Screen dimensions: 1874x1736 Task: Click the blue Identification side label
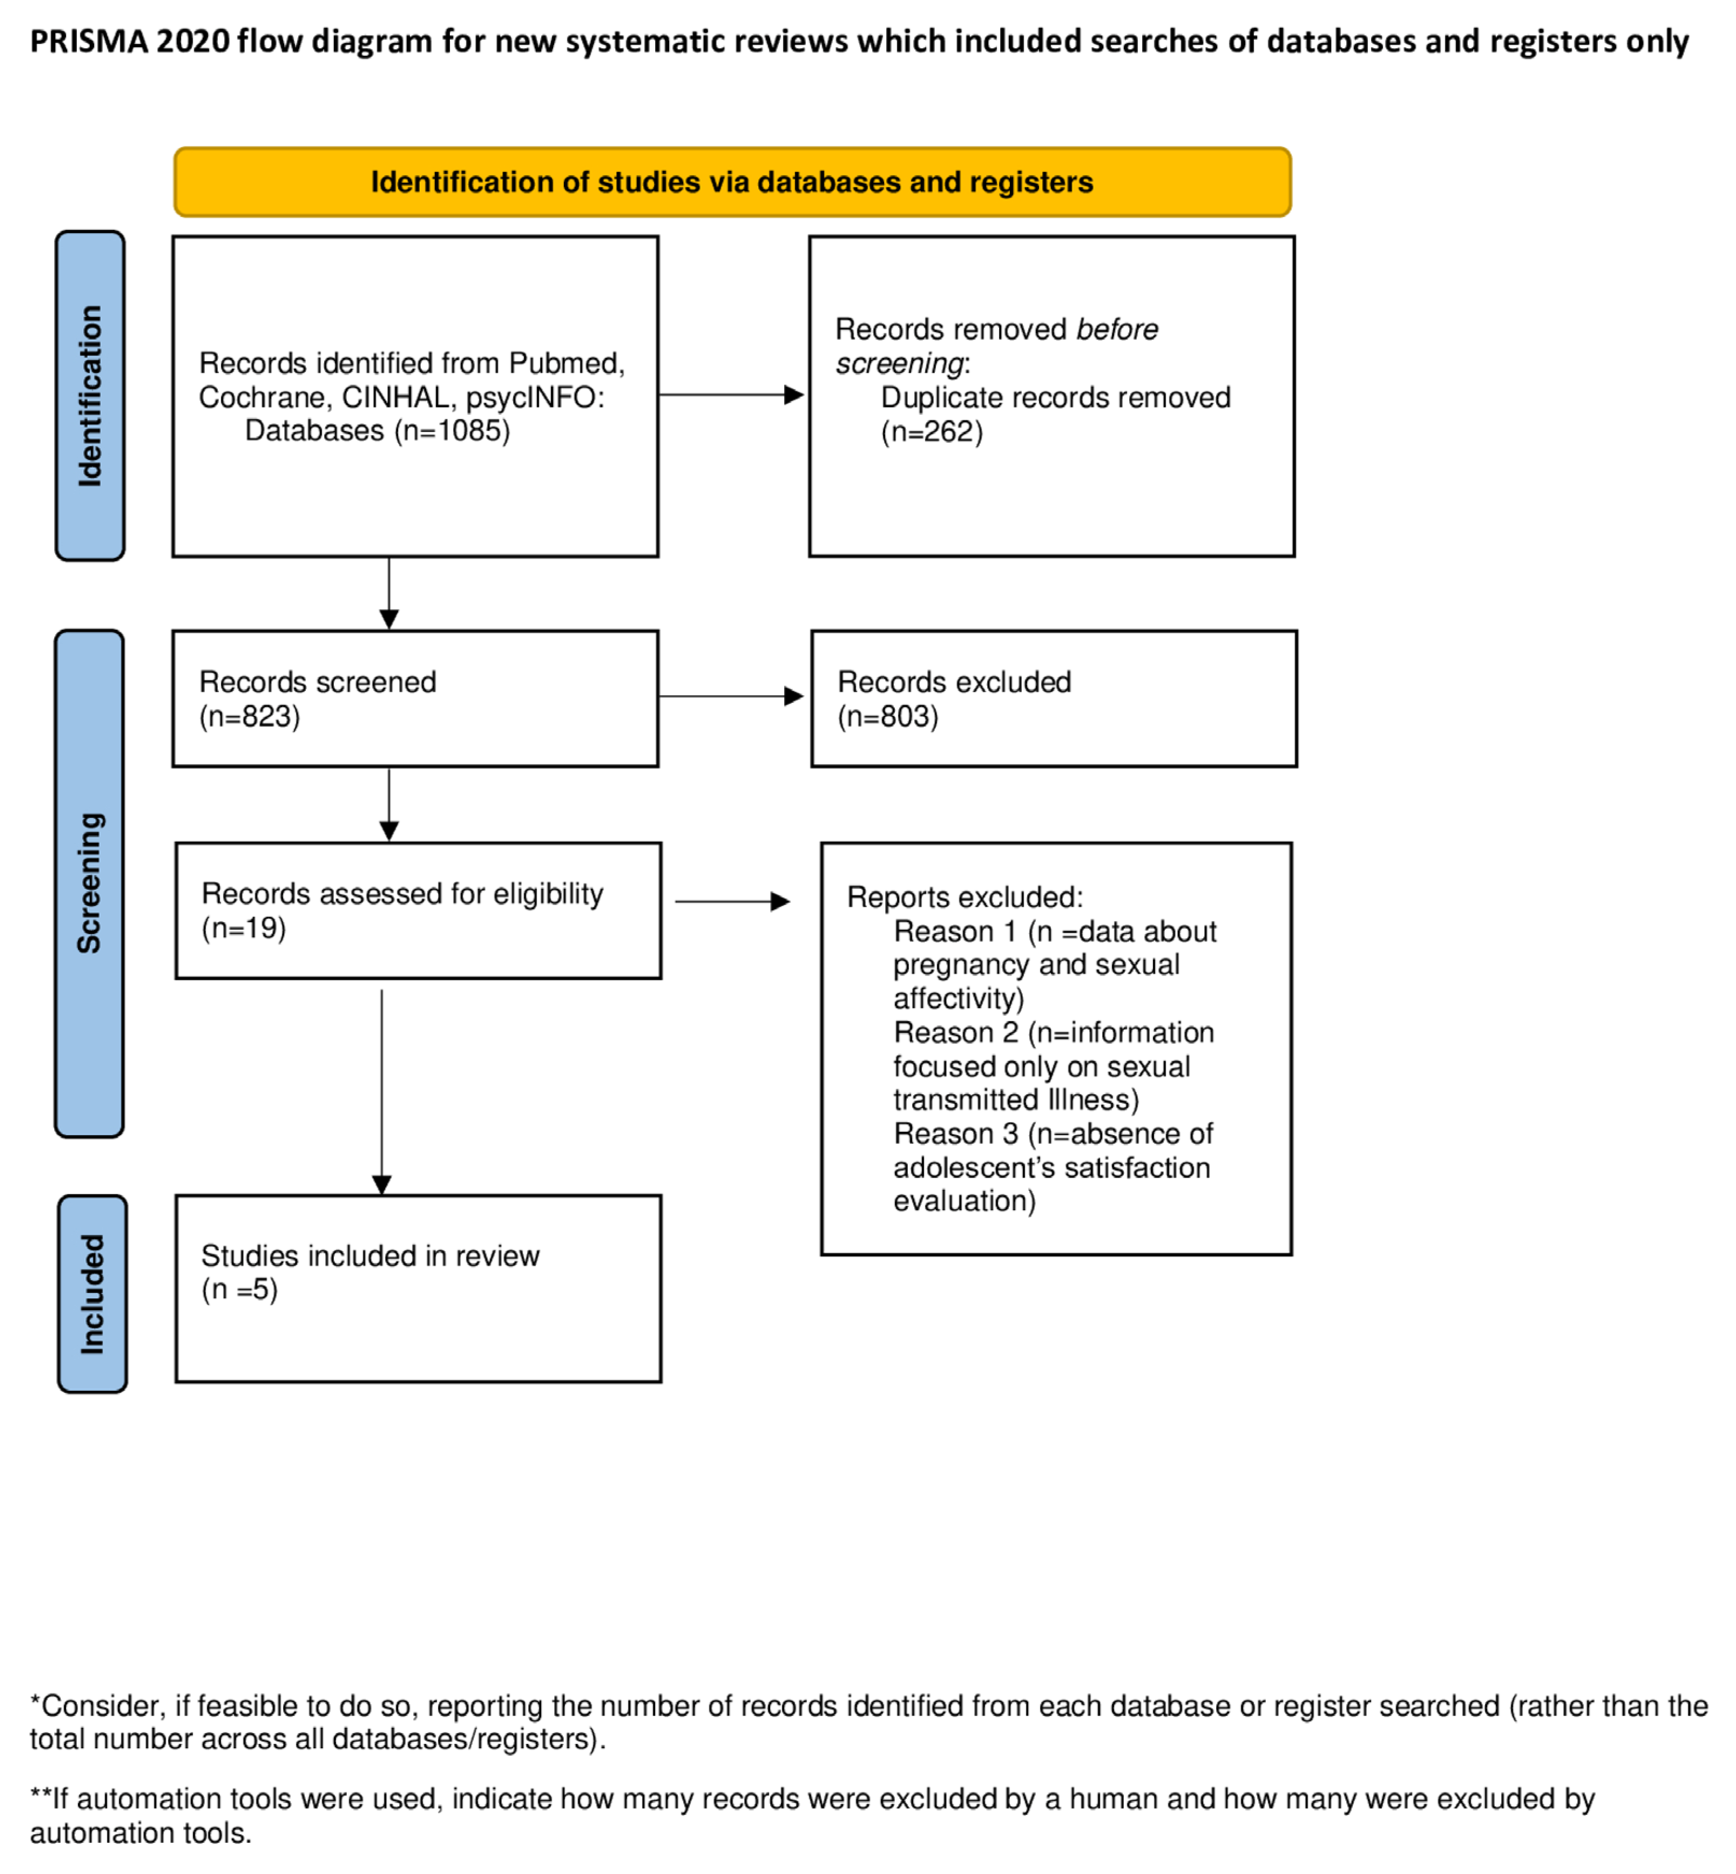point(90,396)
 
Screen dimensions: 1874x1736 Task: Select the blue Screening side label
point(89,883)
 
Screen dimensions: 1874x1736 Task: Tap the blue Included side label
point(92,1294)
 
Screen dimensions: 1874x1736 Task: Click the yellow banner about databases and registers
point(732,182)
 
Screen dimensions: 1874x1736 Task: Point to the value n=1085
point(453,431)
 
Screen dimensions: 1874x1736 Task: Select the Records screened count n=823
point(250,717)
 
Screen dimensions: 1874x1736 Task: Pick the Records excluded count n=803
point(888,717)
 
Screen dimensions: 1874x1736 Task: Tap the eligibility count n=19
point(243,928)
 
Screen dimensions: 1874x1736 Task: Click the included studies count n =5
point(240,1290)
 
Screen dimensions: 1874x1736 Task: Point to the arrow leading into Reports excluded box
point(733,902)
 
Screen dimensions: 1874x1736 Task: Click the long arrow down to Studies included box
point(382,1090)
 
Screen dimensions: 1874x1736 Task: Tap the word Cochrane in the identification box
point(261,397)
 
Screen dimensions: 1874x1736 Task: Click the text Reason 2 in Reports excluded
point(956,1032)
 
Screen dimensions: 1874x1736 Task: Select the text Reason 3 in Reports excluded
point(956,1134)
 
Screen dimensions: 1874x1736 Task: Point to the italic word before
point(1117,330)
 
